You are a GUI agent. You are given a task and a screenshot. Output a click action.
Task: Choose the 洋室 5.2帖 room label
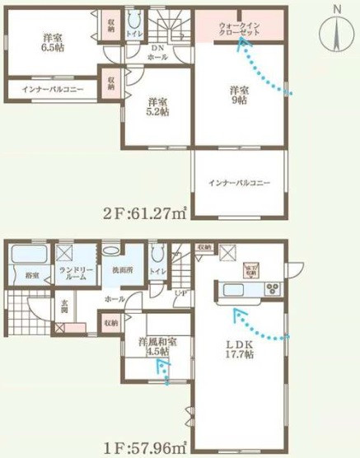[156, 108]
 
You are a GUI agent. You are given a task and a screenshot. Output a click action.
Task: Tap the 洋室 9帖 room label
[240, 95]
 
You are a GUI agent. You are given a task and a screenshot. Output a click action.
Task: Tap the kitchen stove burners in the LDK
[271, 289]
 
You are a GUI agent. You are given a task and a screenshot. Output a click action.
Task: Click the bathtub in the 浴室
[25, 253]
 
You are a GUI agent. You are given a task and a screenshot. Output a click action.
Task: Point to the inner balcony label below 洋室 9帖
[240, 183]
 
